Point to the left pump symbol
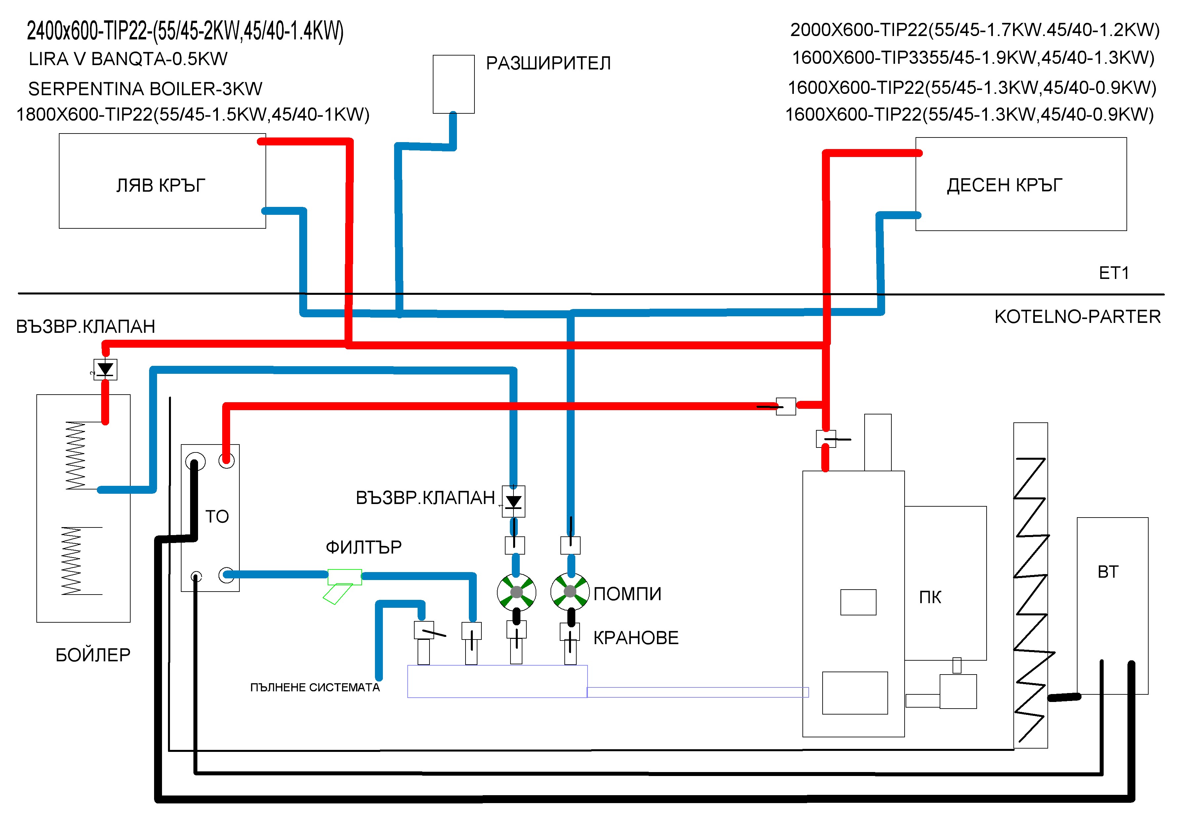pyautogui.click(x=516, y=592)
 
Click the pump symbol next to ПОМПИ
pyautogui.click(x=570, y=592)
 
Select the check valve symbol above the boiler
pyautogui.click(x=105, y=369)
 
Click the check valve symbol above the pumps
pyautogui.click(x=513, y=501)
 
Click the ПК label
pyautogui.click(x=930, y=597)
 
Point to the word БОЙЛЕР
pyautogui.click(x=93, y=655)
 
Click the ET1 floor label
pyautogui.click(x=1114, y=273)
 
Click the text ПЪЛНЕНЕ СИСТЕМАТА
pyautogui.click(x=315, y=687)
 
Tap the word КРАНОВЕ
pyautogui.click(x=636, y=638)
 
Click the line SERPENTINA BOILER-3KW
pyautogui.click(x=145, y=89)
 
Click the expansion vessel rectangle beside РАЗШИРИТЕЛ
pyautogui.click(x=454, y=84)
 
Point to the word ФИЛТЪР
pyautogui.click(x=364, y=547)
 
